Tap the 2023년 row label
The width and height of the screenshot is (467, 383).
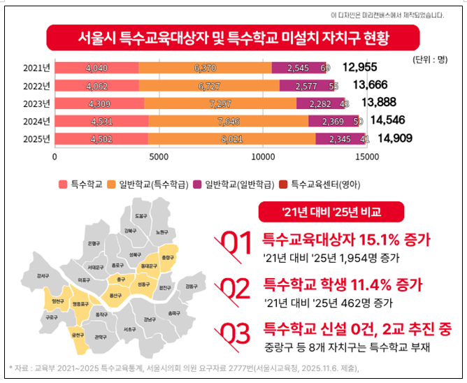click(36, 103)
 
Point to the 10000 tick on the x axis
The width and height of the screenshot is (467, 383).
click(264, 157)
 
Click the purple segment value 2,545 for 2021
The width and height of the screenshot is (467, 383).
click(297, 68)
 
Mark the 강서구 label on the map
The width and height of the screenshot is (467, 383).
click(43, 276)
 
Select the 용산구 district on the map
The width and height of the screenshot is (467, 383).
click(108, 296)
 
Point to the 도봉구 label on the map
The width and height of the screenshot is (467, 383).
click(141, 216)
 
